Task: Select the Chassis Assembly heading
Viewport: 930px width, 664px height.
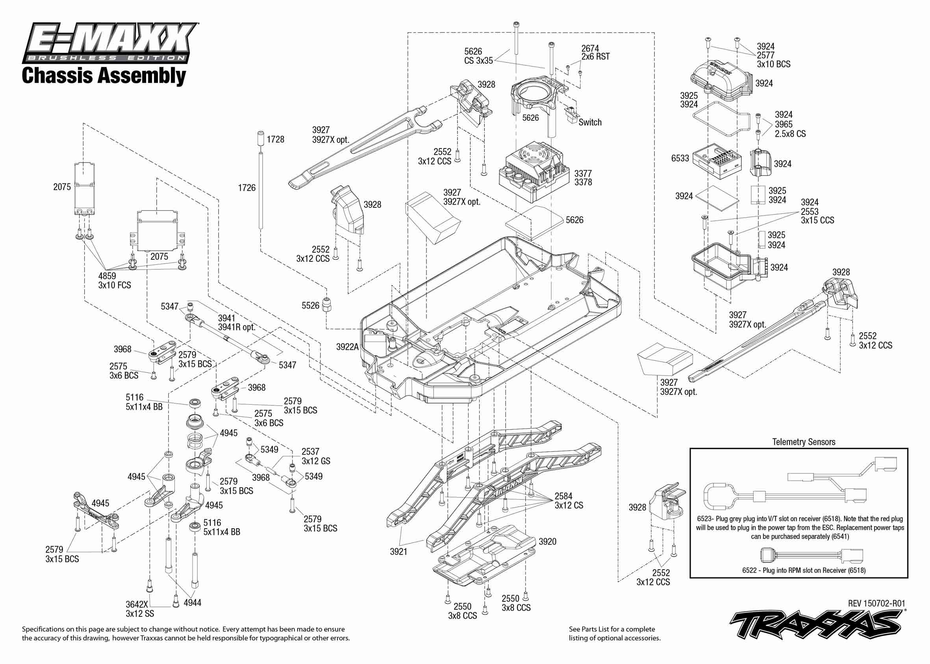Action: [104, 76]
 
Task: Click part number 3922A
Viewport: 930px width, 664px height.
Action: [347, 347]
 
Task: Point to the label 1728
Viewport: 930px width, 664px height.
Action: [275, 139]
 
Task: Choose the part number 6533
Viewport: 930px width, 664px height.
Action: [680, 158]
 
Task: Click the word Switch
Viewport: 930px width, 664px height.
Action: [590, 122]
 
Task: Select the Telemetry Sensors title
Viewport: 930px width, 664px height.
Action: [804, 442]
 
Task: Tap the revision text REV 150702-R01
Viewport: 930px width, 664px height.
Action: [876, 603]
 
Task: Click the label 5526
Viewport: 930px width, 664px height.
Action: [310, 305]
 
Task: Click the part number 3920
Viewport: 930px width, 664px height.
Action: [547, 542]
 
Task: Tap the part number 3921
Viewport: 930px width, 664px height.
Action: [398, 551]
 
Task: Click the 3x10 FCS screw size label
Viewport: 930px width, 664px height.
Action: [115, 285]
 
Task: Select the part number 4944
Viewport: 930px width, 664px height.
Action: [192, 602]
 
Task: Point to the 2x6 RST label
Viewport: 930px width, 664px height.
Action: [595, 57]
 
